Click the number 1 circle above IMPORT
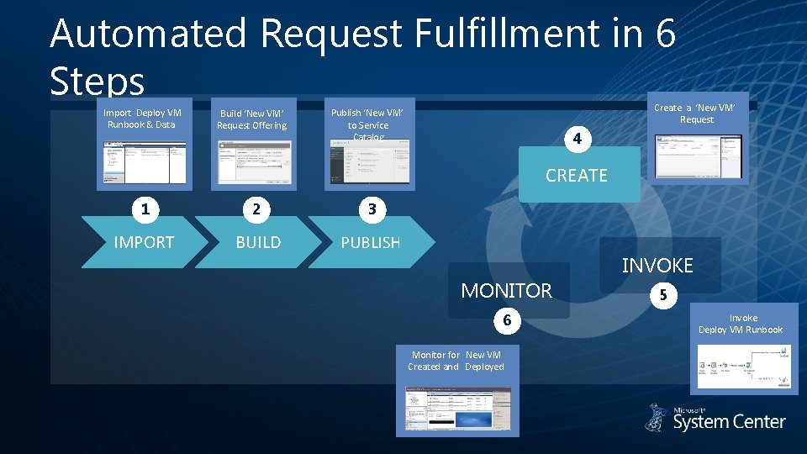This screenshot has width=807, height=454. point(145,209)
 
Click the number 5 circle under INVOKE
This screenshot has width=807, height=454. point(663,295)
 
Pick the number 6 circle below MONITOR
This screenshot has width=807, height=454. point(507,319)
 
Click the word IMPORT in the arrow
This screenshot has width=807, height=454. point(144,242)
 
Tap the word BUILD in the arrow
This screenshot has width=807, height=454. point(258,242)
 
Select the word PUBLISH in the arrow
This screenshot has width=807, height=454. point(370,242)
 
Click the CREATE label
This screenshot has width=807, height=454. point(576,176)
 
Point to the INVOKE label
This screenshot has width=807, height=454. point(657,266)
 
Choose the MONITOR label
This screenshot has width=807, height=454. point(506,291)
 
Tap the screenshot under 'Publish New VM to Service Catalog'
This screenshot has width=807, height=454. point(367,162)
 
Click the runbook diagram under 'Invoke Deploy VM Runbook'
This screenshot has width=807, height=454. point(745,367)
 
